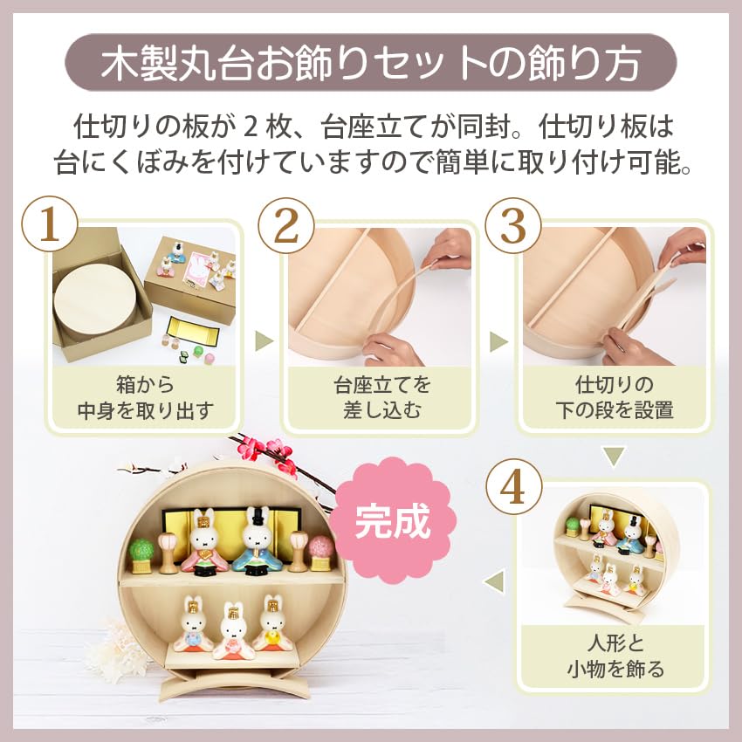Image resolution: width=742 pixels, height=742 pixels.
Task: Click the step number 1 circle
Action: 50,225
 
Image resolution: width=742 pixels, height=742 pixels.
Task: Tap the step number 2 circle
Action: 286,225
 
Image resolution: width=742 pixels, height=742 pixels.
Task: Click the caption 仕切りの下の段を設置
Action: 612,398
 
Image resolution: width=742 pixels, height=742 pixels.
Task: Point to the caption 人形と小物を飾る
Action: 612,657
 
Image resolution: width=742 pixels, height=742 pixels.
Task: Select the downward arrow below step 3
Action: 615,456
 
